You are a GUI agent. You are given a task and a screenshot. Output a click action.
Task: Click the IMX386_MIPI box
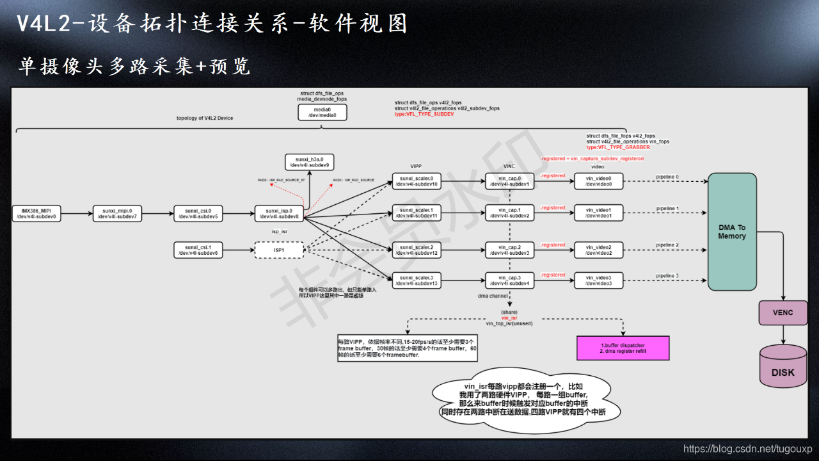click(x=36, y=213)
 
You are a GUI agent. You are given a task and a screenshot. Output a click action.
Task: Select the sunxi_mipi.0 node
click(x=117, y=213)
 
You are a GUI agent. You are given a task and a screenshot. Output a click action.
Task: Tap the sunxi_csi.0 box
click(x=198, y=213)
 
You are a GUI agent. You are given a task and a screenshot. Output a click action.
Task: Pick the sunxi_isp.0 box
click(x=279, y=213)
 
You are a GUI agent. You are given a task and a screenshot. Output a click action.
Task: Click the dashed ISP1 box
click(x=279, y=250)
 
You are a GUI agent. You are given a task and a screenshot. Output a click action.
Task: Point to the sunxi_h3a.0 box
click(x=310, y=162)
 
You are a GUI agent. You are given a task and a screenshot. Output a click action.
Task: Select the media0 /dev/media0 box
click(x=322, y=113)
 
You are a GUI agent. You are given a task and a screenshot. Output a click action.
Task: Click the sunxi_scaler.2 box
click(x=417, y=250)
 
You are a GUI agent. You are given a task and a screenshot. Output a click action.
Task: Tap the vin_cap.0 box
click(x=509, y=181)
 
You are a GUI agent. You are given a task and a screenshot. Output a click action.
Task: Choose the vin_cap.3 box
click(x=509, y=280)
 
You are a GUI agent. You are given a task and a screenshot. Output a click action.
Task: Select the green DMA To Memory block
click(x=732, y=232)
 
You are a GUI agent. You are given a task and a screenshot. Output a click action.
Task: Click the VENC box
click(x=783, y=312)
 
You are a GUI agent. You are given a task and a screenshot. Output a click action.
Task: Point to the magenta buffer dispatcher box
click(x=624, y=348)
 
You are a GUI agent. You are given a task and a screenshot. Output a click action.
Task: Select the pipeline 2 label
click(x=667, y=245)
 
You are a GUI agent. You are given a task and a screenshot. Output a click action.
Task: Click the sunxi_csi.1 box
click(x=198, y=250)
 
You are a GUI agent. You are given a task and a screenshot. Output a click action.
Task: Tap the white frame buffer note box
click(x=408, y=348)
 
